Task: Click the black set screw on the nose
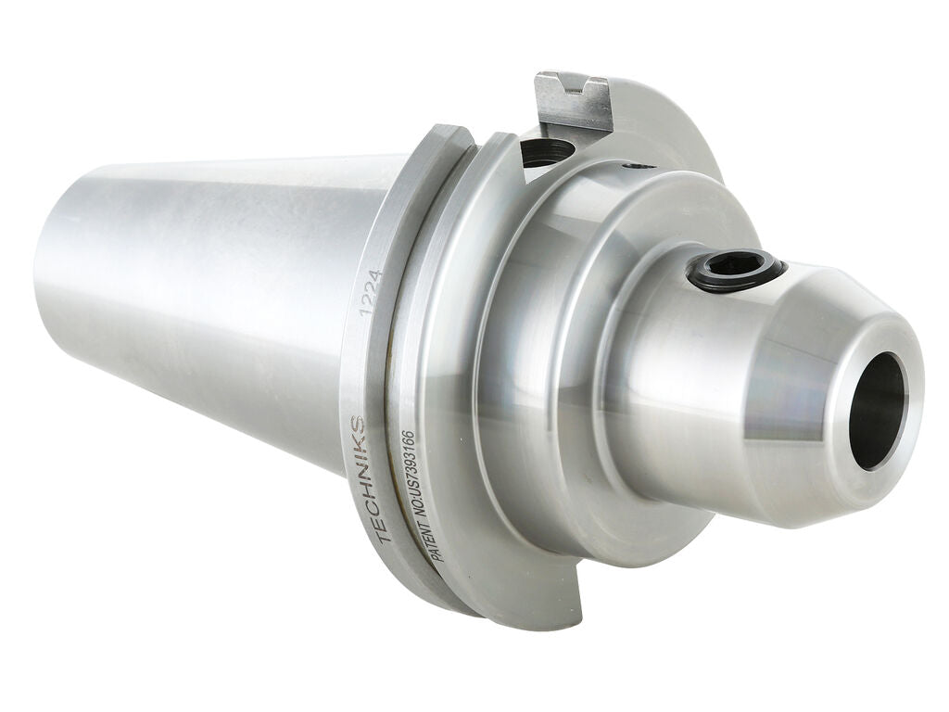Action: (x=736, y=271)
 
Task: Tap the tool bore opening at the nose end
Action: (x=876, y=410)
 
